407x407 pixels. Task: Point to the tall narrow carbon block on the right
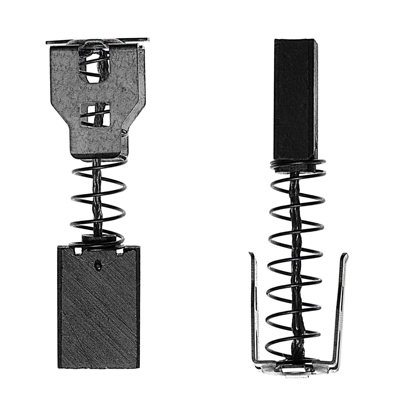tap(293, 102)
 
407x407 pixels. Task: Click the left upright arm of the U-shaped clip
tap(253, 305)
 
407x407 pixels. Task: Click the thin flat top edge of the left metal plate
tap(97, 40)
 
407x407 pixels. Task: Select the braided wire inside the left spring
tap(98, 198)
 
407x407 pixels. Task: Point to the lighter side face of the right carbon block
tap(315, 102)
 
